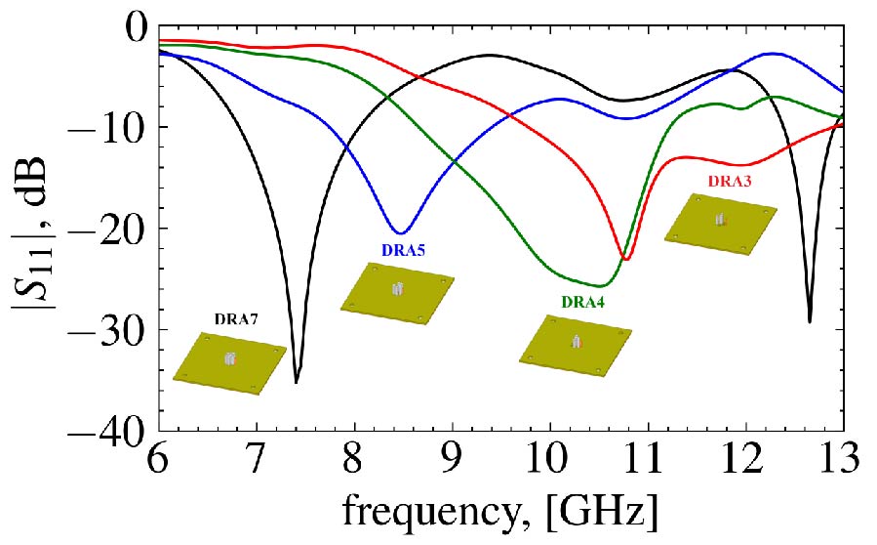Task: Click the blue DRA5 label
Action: (x=403, y=250)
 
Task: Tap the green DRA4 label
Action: (x=582, y=303)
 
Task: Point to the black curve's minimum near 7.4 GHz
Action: (x=297, y=382)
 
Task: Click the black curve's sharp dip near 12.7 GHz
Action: (x=810, y=321)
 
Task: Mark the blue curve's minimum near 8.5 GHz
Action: (x=399, y=233)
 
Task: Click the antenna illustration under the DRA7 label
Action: (x=229, y=362)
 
